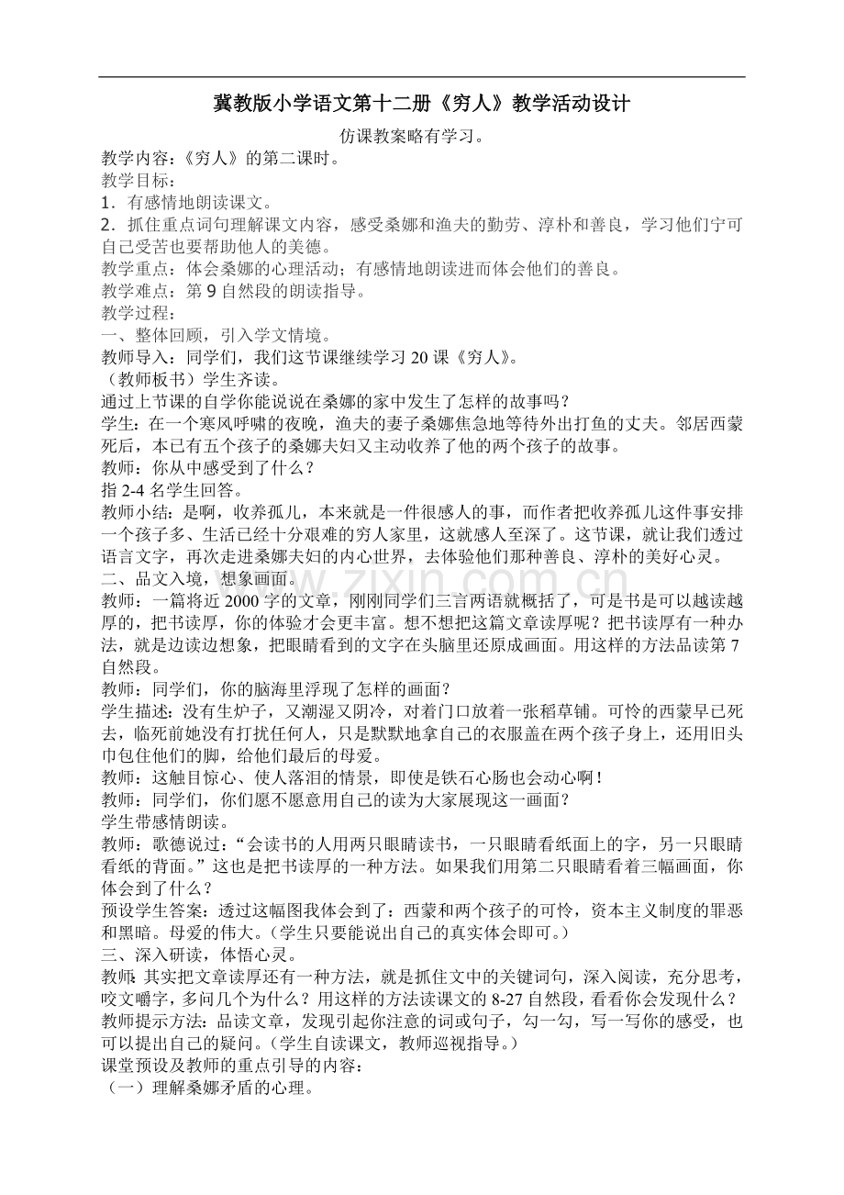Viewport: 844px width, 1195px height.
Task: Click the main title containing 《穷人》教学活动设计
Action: [x=421, y=104]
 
